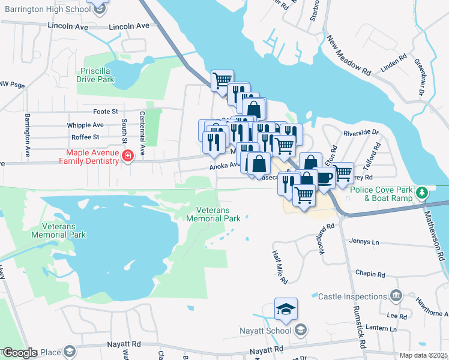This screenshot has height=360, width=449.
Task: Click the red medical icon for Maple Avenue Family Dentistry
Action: [127, 157]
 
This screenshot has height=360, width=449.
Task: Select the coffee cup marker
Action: [325, 178]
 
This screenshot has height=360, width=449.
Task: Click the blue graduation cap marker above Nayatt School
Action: [286, 310]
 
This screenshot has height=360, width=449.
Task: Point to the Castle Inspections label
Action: [352, 296]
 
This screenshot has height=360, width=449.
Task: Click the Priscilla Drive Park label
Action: [97, 74]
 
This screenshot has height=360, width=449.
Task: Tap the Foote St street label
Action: [106, 112]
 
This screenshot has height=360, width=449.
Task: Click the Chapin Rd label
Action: [370, 274]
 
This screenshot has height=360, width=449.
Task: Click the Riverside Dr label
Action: [361, 133]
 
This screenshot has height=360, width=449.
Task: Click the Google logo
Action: [20, 352]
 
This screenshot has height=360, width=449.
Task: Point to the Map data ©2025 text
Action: [423, 356]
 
